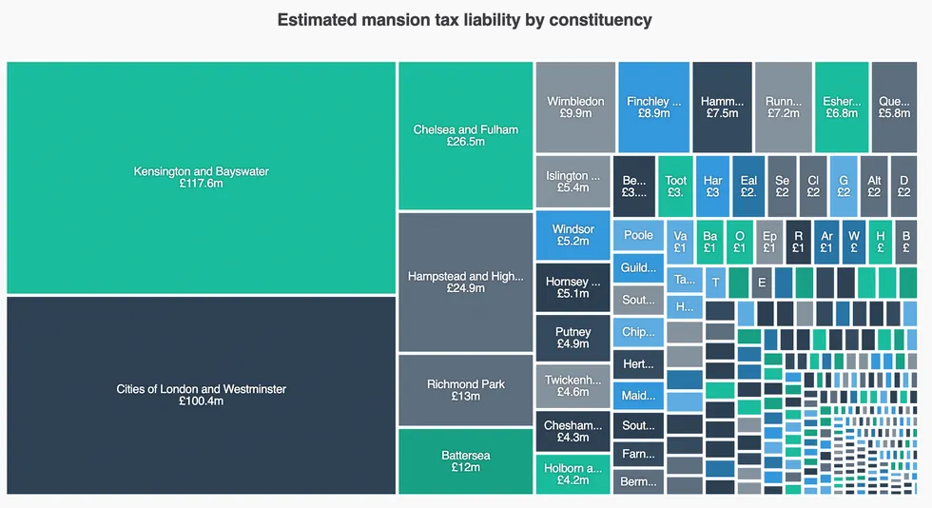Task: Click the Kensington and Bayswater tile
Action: click(201, 178)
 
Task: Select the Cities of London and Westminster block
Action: click(201, 395)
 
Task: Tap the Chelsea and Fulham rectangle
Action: click(465, 135)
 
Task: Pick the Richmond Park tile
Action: click(465, 390)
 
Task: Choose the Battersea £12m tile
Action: click(465, 461)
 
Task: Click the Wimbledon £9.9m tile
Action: click(575, 107)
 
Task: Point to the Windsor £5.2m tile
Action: click(573, 235)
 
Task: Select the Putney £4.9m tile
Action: click(573, 338)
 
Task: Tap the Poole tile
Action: click(638, 235)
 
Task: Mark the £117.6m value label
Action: click(201, 185)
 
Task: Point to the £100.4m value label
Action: click(201, 401)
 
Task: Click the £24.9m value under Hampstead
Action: click(465, 287)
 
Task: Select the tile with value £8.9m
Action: click(653, 107)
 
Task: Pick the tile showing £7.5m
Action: click(722, 107)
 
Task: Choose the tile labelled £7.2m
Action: click(783, 107)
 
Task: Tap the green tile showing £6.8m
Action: click(842, 107)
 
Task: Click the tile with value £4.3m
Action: click(573, 431)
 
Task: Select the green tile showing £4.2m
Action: click(573, 474)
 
